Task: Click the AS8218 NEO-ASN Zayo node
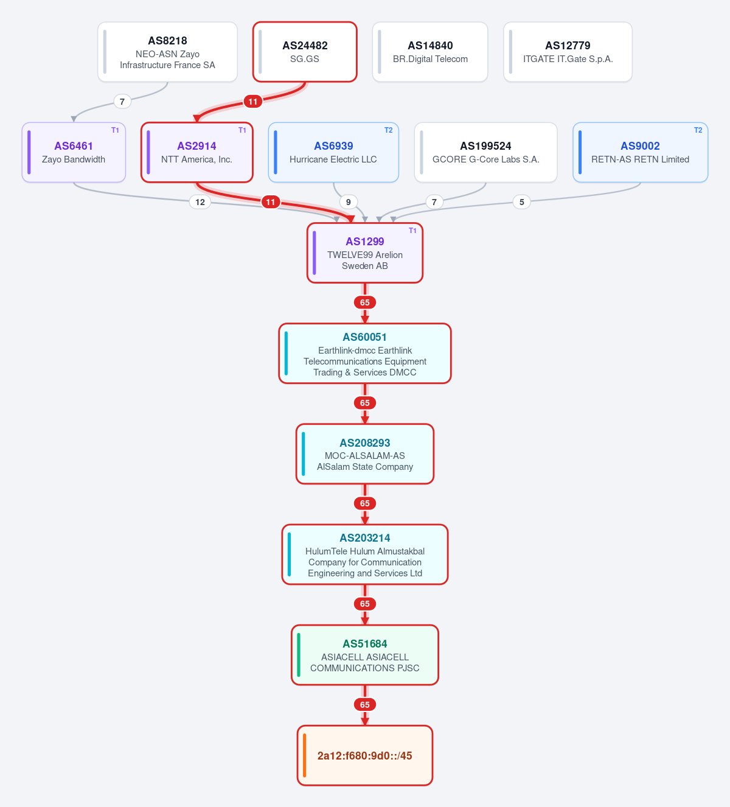point(167,52)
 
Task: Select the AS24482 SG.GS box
point(305,52)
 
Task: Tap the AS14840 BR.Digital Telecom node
point(430,52)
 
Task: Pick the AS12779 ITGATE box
point(568,52)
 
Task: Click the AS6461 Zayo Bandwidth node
point(74,153)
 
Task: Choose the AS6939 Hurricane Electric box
point(333,153)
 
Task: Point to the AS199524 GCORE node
point(485,153)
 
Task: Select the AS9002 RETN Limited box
point(641,153)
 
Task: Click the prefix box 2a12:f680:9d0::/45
point(365,755)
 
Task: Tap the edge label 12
point(200,202)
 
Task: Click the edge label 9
point(349,202)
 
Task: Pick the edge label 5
point(522,202)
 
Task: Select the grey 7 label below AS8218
point(122,102)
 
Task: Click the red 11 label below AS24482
point(253,102)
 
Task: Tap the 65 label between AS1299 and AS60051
point(365,302)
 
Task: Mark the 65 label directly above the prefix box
point(365,705)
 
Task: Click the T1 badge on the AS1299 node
point(412,231)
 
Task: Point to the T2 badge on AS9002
point(698,130)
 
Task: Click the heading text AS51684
point(365,644)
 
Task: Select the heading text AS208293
point(365,442)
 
